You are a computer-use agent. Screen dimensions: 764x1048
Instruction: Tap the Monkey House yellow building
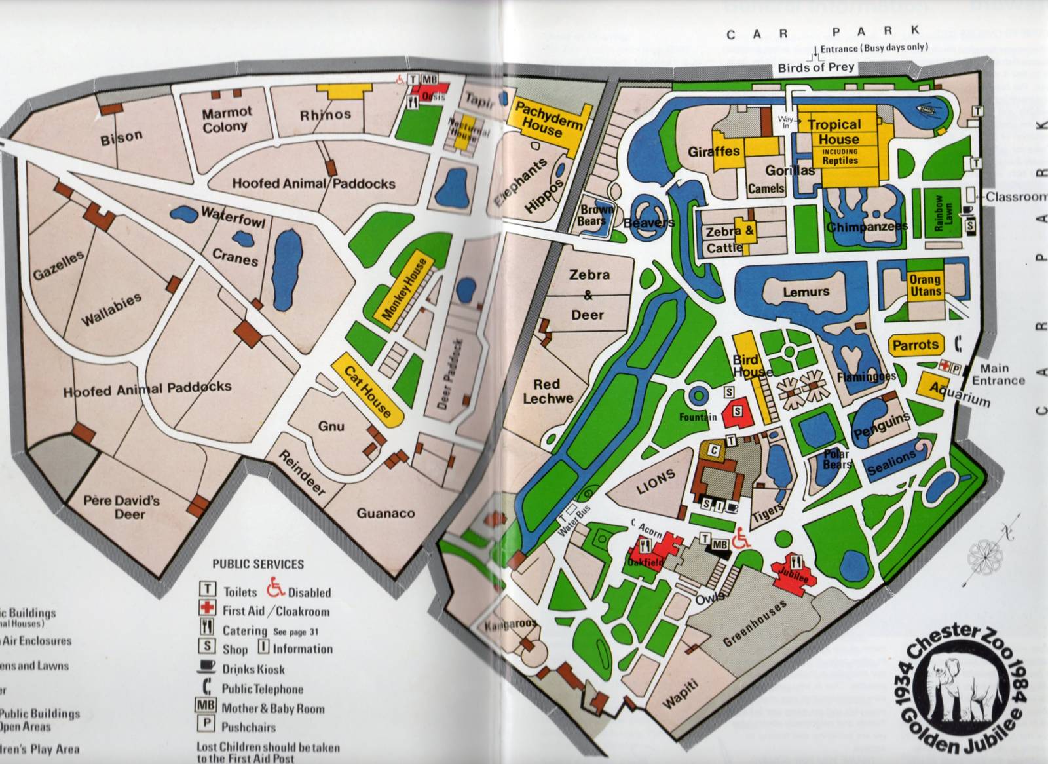(404, 289)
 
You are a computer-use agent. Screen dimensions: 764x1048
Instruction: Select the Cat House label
(367, 392)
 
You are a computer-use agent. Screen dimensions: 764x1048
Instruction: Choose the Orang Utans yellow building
(925, 285)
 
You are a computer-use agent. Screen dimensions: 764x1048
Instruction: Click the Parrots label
(916, 345)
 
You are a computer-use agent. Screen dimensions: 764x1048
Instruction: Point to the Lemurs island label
(806, 292)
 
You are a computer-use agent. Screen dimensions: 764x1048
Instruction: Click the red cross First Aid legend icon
(207, 609)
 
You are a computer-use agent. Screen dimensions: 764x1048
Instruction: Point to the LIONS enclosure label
(655, 482)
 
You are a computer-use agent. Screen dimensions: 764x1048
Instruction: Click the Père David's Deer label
(122, 507)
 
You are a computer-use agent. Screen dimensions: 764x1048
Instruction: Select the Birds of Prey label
(815, 67)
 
